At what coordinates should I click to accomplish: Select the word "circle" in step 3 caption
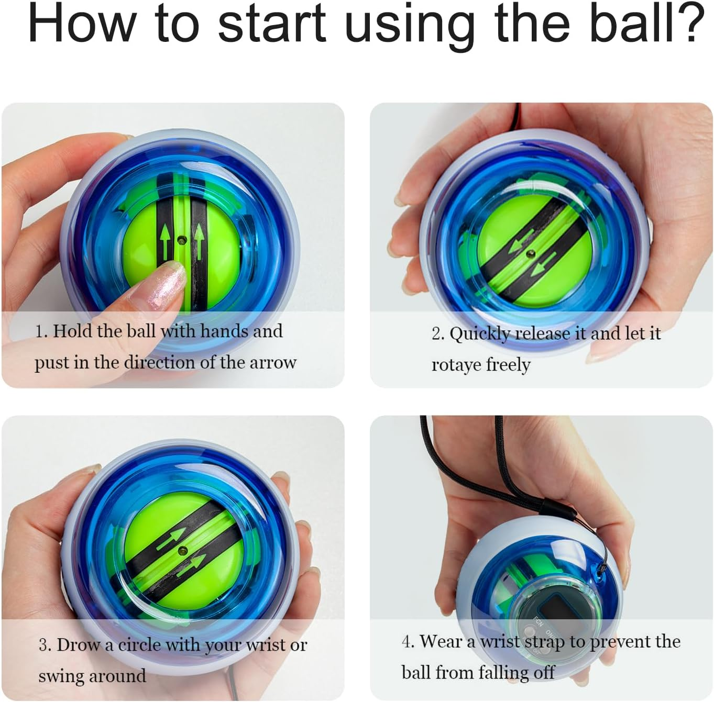pyautogui.click(x=139, y=645)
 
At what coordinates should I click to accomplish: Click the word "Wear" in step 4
pyautogui.click(x=441, y=641)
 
